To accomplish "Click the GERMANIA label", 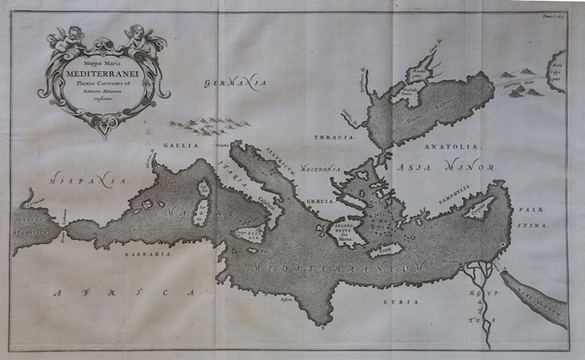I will click(236, 85).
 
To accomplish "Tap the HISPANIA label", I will click(88, 180).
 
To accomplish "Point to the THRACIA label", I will click(333, 138).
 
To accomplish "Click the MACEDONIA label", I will click(323, 167).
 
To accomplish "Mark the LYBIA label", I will click(409, 302).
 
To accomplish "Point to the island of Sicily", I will click(252, 235).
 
